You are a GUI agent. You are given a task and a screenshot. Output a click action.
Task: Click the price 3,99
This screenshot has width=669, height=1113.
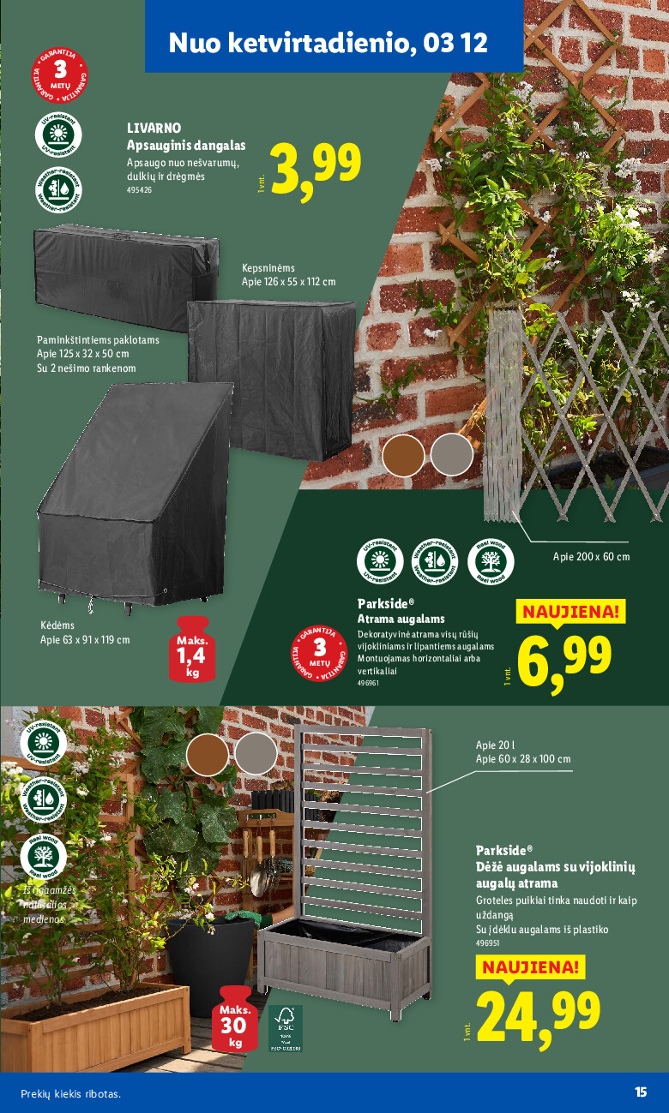(x=315, y=166)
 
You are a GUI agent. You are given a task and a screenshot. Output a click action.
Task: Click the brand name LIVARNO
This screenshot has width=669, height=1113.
(x=154, y=128)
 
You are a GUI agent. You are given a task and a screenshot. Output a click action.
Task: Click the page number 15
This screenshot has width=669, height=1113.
(x=640, y=1092)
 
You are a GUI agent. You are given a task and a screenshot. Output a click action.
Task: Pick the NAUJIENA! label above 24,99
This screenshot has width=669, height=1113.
(x=529, y=968)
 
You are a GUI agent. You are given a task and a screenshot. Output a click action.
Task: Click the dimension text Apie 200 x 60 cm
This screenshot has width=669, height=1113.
(x=591, y=557)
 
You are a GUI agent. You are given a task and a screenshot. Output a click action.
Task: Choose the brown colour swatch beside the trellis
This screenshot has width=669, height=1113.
(x=403, y=455)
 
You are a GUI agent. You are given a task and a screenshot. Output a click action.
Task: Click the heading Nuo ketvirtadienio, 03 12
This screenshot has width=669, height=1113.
(x=328, y=43)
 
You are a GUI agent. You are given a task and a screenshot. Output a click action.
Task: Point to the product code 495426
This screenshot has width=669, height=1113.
(x=139, y=190)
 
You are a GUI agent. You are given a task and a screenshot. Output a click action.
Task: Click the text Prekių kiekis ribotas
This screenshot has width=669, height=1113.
(x=71, y=1093)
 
